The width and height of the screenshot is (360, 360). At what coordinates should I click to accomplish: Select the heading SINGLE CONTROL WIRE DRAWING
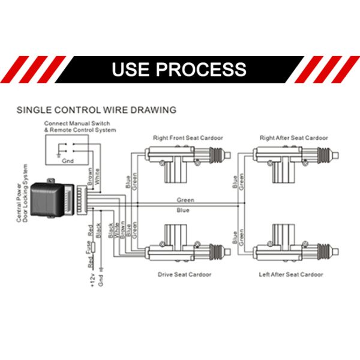[96, 110]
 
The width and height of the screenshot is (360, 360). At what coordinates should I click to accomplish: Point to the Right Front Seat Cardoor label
[188, 138]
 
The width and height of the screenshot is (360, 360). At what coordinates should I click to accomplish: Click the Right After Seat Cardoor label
[293, 138]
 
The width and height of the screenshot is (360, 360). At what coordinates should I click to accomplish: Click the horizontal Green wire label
[185, 199]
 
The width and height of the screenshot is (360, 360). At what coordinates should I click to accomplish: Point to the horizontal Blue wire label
[184, 211]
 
